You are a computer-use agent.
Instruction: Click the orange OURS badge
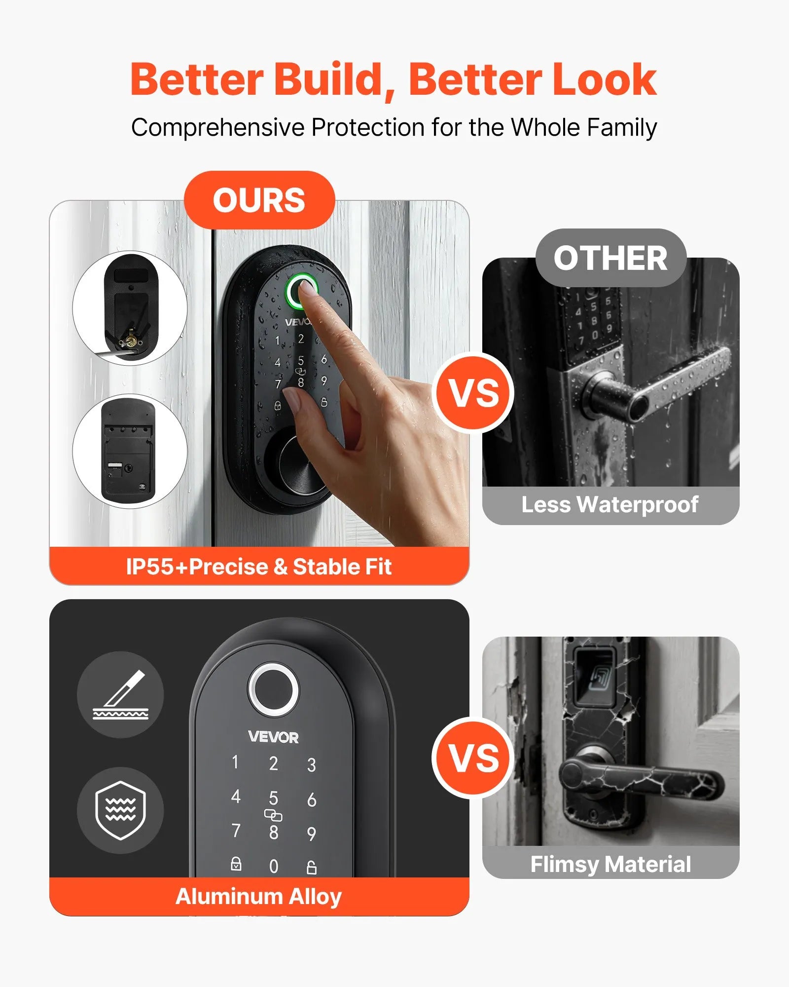[x=259, y=200]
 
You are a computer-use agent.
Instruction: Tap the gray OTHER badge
[x=610, y=258]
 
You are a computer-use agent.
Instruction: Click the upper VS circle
[x=473, y=393]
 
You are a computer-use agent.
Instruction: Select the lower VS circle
[x=473, y=758]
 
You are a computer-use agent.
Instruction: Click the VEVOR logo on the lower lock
[x=273, y=737]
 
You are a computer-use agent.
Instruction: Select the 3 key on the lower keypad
[x=311, y=765]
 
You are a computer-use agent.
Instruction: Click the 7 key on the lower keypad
[x=236, y=831]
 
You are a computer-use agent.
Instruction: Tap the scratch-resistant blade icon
[x=120, y=694]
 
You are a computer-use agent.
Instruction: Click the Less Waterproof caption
[x=610, y=504]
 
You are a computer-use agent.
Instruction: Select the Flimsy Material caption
[x=610, y=864]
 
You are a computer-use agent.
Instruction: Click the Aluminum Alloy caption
[x=259, y=896]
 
